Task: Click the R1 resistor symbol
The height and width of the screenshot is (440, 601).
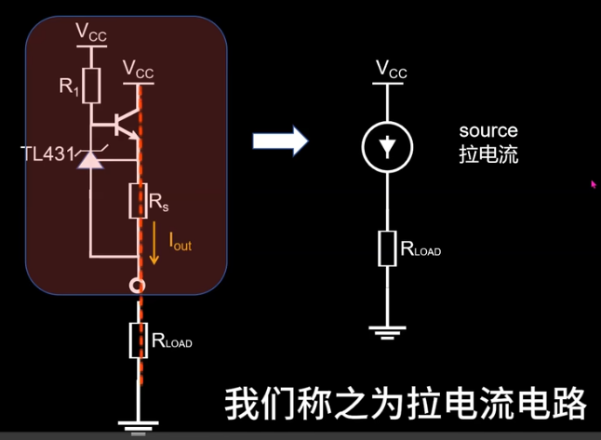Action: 91,85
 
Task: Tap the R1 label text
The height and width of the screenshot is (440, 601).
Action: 69,87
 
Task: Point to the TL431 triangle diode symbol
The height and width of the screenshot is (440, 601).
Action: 89,160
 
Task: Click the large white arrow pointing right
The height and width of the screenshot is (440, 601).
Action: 280,141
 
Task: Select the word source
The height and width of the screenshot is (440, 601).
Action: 487,131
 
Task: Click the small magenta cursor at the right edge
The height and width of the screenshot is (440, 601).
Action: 593,184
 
